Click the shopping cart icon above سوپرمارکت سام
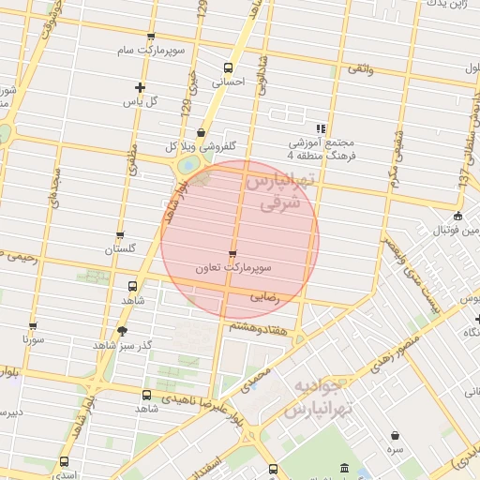click(x=151, y=37)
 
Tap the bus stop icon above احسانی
click(x=228, y=67)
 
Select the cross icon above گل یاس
click(x=140, y=88)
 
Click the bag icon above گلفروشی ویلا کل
click(x=201, y=133)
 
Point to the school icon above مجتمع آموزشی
click(x=321, y=127)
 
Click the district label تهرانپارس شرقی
click(x=278, y=191)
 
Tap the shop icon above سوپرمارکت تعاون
click(x=232, y=253)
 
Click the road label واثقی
click(x=359, y=69)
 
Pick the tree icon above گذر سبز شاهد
click(x=121, y=332)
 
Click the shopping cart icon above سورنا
click(x=33, y=326)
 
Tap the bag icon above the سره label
click(x=396, y=435)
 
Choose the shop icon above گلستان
click(x=120, y=236)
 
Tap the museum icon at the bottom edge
click(x=344, y=468)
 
